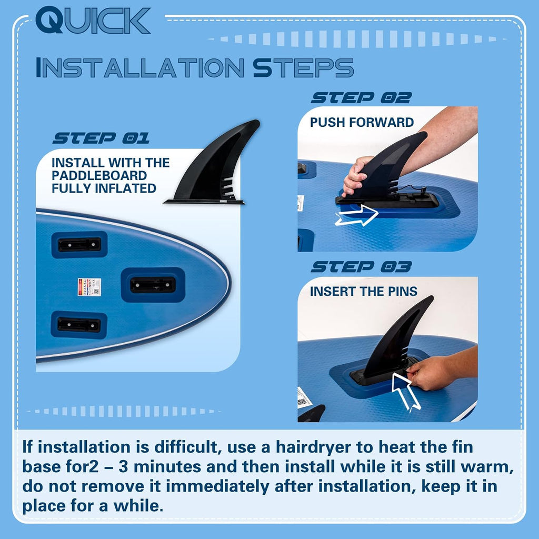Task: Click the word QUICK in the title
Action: click(93, 20)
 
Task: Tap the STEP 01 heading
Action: click(101, 138)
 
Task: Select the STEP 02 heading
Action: click(361, 98)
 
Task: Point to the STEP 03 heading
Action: click(361, 267)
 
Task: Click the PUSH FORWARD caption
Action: click(362, 122)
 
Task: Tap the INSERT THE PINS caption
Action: click(364, 292)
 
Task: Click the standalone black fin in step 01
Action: click(213, 162)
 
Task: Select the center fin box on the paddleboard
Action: click(153, 285)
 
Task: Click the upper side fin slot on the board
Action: click(79, 244)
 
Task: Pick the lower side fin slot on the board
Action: click(79, 325)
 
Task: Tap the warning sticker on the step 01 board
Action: click(89, 287)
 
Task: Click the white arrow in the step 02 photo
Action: click(357, 215)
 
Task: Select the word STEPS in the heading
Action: click(303, 68)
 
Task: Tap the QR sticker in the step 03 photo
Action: click(304, 398)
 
